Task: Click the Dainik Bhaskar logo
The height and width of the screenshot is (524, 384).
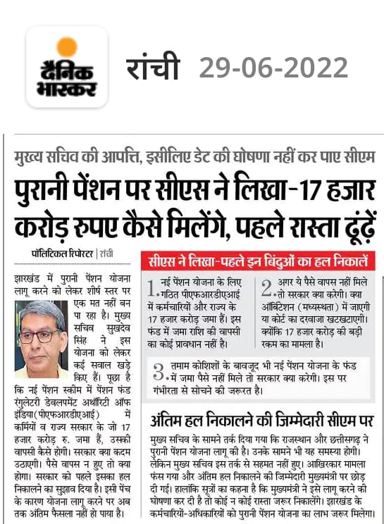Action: pos(67,67)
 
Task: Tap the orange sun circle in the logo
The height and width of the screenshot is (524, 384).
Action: pos(67,47)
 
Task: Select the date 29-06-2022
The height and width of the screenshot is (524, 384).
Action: pos(273,68)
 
